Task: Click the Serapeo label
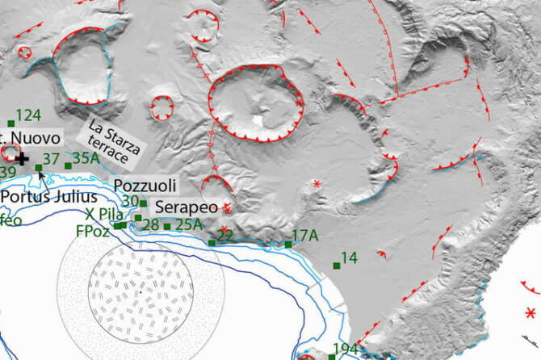coord(185,207)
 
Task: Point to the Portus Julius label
coord(48,196)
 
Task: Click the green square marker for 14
coord(337,265)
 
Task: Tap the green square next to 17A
coord(288,244)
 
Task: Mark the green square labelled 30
coord(144,203)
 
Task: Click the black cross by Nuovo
coord(22,160)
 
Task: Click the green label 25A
coord(188,224)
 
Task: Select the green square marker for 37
coord(38,167)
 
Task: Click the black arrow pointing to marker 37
coord(40,174)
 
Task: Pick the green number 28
coord(151,224)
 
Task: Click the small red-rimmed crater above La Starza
coord(162,106)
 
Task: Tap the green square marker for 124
coord(10,123)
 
